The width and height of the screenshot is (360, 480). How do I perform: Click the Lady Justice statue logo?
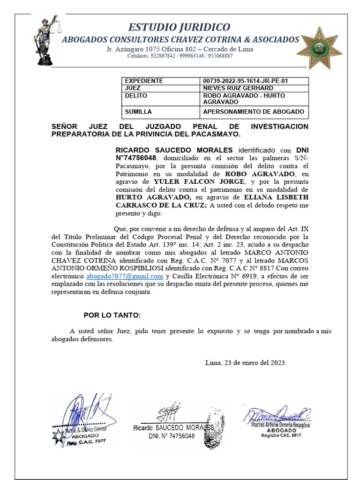tap(45, 40)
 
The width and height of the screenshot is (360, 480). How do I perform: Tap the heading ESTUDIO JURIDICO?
tap(180, 27)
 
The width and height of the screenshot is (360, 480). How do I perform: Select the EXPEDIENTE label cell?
tap(143, 81)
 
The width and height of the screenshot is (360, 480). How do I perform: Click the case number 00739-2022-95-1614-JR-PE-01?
tap(245, 81)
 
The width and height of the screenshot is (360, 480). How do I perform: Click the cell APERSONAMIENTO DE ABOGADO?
tap(253, 112)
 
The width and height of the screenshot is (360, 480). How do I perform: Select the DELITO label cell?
tap(136, 96)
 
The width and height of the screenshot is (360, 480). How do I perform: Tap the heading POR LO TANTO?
tap(112, 315)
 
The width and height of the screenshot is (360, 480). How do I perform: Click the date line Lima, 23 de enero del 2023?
tap(246, 363)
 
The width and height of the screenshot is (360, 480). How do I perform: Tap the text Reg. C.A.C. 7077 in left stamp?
tap(86, 442)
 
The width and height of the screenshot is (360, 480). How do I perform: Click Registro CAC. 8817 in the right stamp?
tap(281, 435)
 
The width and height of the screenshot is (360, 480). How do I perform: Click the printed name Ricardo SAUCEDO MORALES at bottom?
tap(173, 427)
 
